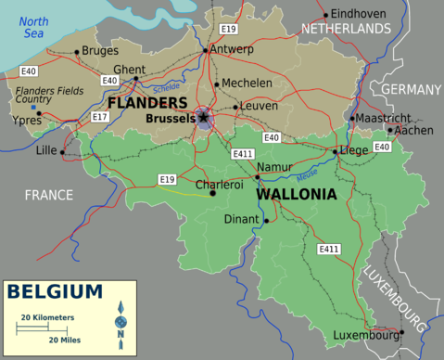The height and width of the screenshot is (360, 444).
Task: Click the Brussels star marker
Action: [204, 117]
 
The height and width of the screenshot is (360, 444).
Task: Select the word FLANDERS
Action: [148, 102]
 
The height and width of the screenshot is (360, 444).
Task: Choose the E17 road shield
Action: [100, 117]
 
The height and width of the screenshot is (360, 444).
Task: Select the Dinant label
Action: [242, 220]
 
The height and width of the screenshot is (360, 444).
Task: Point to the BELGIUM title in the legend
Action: [56, 292]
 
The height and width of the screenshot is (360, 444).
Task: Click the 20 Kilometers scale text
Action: [47, 318]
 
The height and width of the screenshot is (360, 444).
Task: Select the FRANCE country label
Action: [48, 196]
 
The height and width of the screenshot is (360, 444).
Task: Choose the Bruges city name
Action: [100, 50]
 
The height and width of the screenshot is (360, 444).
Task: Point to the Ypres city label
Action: [26, 121]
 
